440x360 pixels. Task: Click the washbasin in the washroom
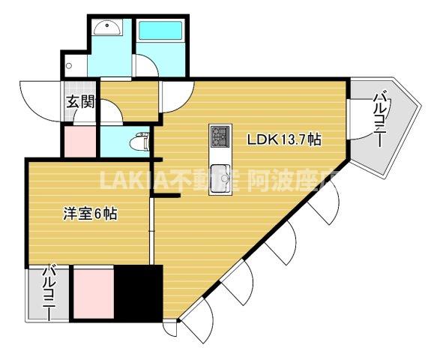[x=109, y=30]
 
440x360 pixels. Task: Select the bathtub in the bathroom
[x=161, y=31]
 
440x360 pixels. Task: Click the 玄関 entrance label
[x=79, y=103]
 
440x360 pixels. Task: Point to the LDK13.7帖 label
[x=285, y=139]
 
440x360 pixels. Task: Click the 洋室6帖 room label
[x=88, y=214]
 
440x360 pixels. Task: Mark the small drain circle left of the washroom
[x=70, y=65]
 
